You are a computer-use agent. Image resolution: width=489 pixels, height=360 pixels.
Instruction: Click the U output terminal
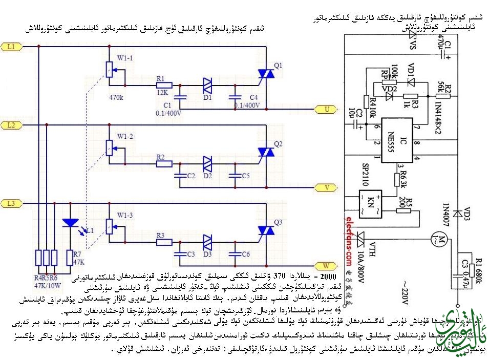tap(327, 109)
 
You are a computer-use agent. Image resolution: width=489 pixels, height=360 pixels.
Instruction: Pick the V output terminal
tap(327, 187)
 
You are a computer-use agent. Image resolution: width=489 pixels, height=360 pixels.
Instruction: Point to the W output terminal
tap(326, 265)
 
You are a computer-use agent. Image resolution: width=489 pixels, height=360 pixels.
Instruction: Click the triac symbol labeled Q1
tap(266, 75)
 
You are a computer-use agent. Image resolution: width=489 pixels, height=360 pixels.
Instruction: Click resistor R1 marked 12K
tap(163, 85)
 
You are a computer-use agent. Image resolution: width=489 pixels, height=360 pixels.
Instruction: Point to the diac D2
tap(207, 163)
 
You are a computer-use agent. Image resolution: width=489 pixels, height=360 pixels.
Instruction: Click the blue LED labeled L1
tap(70, 223)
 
